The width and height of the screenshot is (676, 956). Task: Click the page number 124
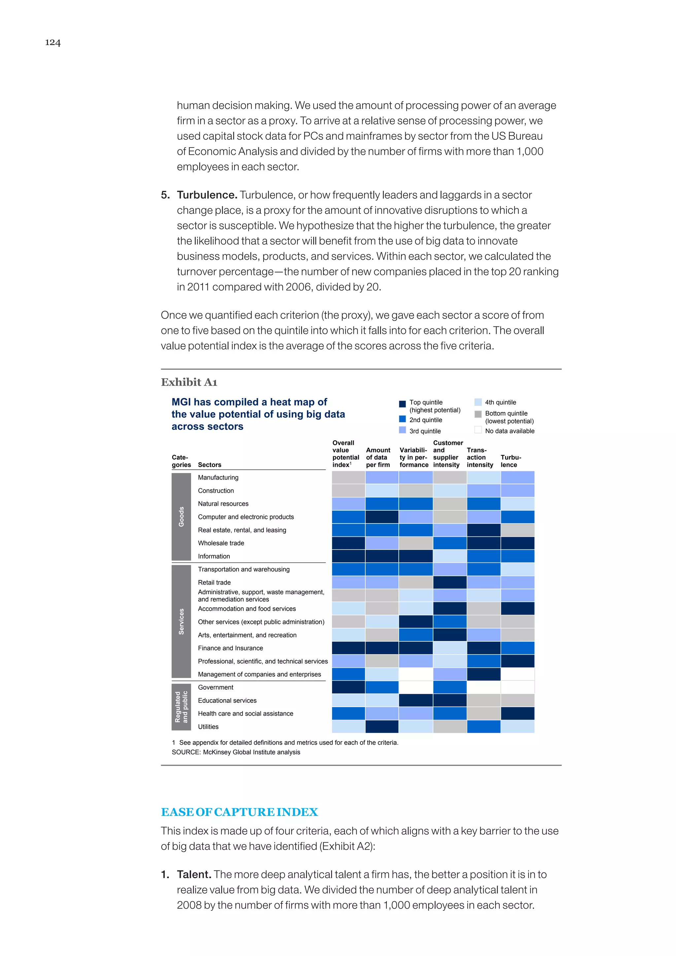tap(53, 43)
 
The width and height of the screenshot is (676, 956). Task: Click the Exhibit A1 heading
tap(189, 382)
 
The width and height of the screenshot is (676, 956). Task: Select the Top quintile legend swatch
tap(402, 404)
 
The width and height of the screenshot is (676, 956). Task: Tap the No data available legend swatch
tap(478, 430)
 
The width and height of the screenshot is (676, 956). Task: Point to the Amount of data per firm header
tap(378, 457)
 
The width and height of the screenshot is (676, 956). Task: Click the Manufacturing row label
tap(218, 478)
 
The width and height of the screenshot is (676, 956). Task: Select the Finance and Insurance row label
tap(230, 648)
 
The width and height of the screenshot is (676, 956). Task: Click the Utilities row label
tap(208, 727)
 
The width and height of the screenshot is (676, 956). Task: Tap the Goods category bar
tap(181, 517)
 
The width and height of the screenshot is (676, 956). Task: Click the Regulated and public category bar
tap(181, 707)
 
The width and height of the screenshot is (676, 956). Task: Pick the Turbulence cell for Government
tap(518, 687)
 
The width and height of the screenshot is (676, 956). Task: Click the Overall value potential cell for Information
tap(349, 556)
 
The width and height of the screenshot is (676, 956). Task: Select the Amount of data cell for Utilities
tap(382, 727)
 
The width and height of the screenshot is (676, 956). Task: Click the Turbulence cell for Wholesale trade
tap(518, 543)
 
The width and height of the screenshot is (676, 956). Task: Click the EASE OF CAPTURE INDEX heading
tap(239, 812)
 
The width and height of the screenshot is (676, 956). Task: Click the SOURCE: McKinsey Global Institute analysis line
tap(236, 752)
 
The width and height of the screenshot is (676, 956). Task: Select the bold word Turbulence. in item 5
tap(207, 195)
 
